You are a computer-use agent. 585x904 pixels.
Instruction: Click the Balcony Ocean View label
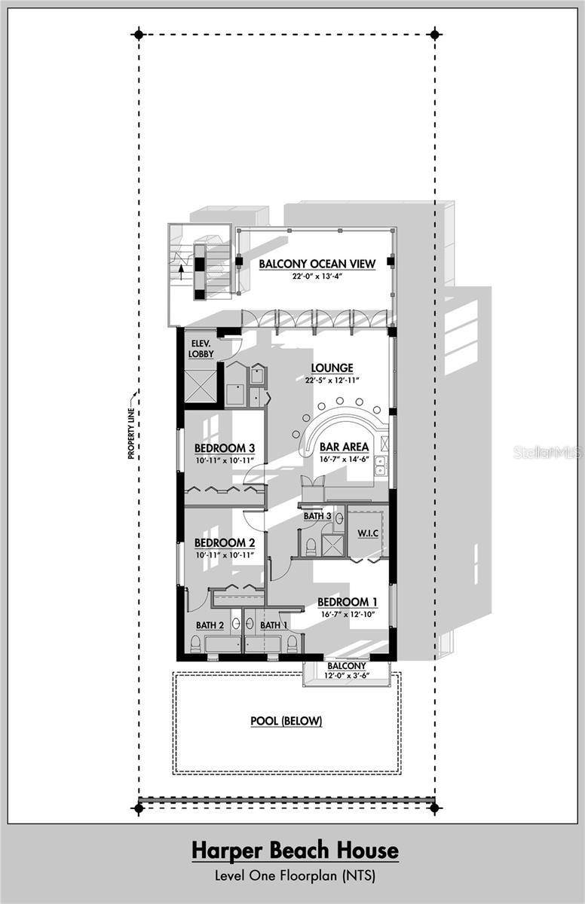coord(317,264)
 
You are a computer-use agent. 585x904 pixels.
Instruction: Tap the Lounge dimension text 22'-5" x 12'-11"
coord(332,380)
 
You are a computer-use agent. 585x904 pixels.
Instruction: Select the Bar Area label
coord(344,447)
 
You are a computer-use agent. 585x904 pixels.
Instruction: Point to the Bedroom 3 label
coord(225,448)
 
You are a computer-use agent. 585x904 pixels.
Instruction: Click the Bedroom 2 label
coord(225,543)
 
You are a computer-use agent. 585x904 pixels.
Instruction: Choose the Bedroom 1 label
coord(348,602)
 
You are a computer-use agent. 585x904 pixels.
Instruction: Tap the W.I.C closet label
coord(368,533)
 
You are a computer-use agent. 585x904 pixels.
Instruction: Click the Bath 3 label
coord(317,516)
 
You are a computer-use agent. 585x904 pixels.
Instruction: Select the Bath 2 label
coord(210,625)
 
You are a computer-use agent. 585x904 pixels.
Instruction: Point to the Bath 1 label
coord(274,625)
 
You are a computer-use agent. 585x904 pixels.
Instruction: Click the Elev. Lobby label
coord(201,349)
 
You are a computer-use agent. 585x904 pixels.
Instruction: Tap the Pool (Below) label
coord(286,721)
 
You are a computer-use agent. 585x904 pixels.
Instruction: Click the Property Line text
coord(131,434)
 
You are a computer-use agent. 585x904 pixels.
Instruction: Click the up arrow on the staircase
coord(181,272)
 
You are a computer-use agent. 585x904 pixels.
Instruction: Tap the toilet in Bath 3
coord(311,546)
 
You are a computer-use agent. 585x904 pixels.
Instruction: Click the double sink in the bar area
coord(380,466)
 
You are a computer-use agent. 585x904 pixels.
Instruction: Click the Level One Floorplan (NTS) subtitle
coord(295,875)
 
